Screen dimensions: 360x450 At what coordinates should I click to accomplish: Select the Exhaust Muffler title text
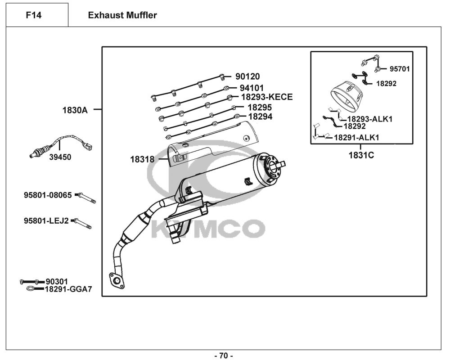pyautogui.click(x=122, y=15)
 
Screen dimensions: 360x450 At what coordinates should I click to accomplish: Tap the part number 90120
pyautogui.click(x=247, y=77)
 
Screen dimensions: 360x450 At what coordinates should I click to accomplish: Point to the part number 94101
pyautogui.click(x=252, y=88)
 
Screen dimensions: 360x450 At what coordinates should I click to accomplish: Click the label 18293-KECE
pyautogui.click(x=266, y=97)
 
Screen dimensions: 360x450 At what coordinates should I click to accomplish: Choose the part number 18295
pyautogui.click(x=260, y=108)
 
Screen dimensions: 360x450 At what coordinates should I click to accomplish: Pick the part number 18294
pyautogui.click(x=260, y=117)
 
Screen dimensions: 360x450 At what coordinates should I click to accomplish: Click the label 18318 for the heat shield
pyautogui.click(x=142, y=159)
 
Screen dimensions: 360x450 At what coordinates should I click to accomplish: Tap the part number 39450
pyautogui.click(x=60, y=157)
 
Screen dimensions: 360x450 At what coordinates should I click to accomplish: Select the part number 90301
pyautogui.click(x=57, y=281)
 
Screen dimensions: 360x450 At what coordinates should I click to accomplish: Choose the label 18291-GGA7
pyautogui.click(x=68, y=289)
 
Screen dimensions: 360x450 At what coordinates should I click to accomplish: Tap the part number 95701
pyautogui.click(x=400, y=69)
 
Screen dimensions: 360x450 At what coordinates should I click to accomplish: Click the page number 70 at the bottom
pyautogui.click(x=223, y=356)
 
